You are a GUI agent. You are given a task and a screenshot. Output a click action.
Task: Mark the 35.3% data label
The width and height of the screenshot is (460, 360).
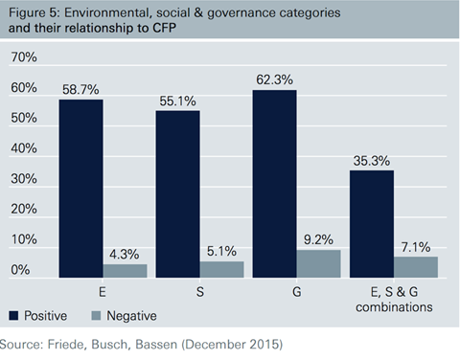(x=371, y=161)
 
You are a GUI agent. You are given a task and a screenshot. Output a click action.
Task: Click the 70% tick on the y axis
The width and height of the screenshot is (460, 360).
(x=23, y=58)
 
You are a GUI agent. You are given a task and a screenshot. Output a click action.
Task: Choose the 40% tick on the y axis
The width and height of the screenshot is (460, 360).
(x=23, y=149)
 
